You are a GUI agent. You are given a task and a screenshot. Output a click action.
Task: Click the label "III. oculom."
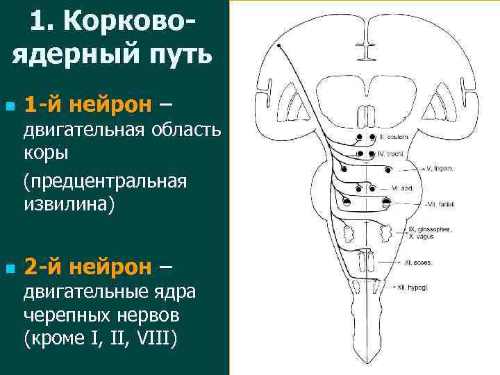[x=393, y=137]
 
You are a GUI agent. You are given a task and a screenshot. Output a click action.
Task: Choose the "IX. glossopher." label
[x=431, y=229]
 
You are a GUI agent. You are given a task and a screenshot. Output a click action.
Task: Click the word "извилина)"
[x=68, y=204]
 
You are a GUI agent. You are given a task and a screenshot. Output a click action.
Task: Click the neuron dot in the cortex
[x=278, y=45]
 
